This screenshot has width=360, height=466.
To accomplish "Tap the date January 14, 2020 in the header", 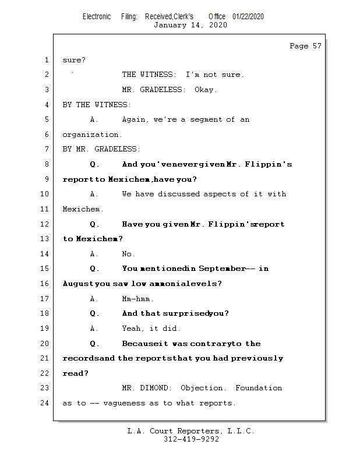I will coord(190,25).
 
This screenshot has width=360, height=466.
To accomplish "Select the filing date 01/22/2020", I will coord(248,16).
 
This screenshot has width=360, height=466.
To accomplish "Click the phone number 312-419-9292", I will coord(191,439).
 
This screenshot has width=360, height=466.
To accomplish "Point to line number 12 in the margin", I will coord(45,224).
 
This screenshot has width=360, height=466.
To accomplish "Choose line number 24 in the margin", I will coord(45,403).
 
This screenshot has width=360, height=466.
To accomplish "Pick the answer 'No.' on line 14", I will coord(128,254).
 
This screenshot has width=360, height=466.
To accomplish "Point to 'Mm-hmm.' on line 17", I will coord(137,299).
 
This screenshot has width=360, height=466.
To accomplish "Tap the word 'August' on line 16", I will coord(77,284).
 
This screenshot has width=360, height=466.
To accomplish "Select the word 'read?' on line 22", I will coord(75,373).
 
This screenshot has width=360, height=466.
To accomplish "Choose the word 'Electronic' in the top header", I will coord(97,16).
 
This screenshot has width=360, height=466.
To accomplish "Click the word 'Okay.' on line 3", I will coord(204,90).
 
